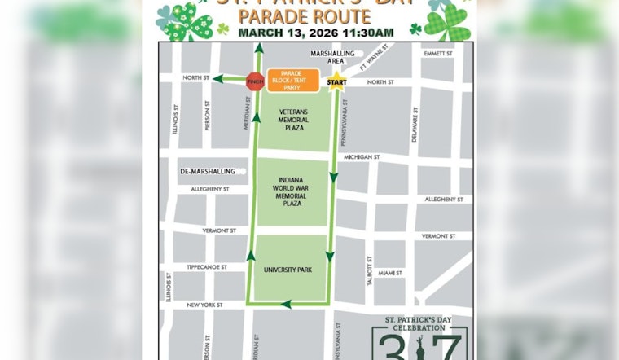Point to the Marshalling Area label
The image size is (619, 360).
pos(331,57)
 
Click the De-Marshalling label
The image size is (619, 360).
pos(207,172)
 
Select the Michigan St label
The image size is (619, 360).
pos(362,156)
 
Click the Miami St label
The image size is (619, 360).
pos(391,273)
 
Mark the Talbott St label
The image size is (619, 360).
pos(369,270)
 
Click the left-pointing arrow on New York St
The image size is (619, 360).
pos(287,305)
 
